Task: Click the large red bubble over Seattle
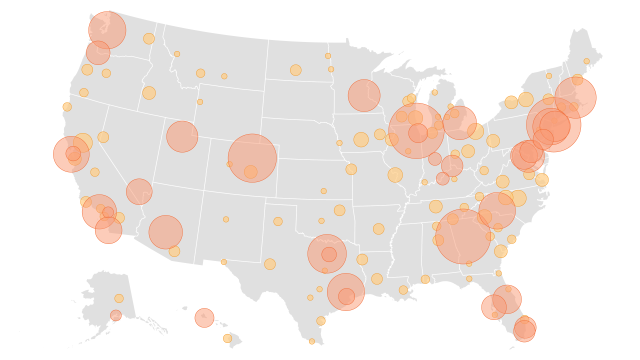click(107, 30)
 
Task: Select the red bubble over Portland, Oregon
click(98, 52)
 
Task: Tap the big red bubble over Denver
click(252, 158)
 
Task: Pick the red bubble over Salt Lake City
click(182, 136)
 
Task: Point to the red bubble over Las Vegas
click(139, 191)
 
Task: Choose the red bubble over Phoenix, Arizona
click(165, 232)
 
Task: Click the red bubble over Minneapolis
click(364, 95)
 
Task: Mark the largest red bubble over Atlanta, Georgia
click(463, 236)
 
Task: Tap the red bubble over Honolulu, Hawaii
click(204, 317)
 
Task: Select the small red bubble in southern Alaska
click(115, 315)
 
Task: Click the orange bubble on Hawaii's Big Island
click(227, 338)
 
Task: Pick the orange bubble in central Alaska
click(119, 298)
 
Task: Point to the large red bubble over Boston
click(575, 97)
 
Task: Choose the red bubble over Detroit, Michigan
click(459, 123)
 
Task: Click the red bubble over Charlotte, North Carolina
click(497, 210)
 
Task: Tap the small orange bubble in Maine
click(586, 61)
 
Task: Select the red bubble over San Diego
click(108, 230)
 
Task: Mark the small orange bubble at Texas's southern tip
click(312, 341)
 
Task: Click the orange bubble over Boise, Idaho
click(149, 93)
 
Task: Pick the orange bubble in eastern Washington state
click(148, 38)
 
